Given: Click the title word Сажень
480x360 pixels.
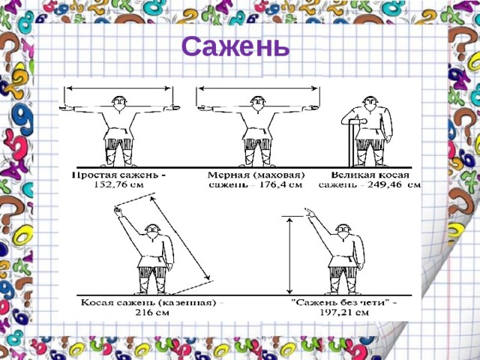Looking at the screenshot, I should click(235, 47).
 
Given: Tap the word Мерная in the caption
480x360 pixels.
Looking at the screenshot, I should click(225, 175).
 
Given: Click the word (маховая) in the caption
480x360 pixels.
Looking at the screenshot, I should click(274, 175).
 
